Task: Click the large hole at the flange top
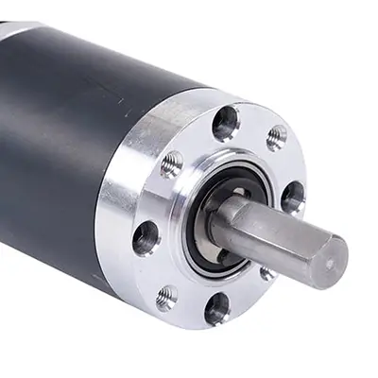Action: pos(225,123)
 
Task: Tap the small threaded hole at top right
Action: pos(277,138)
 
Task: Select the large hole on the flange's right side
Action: pos(293,197)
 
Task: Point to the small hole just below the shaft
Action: pos(268,273)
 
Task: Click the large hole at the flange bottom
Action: pos(217,307)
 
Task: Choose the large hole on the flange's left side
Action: pos(146,237)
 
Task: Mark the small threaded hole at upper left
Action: pos(172,164)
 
